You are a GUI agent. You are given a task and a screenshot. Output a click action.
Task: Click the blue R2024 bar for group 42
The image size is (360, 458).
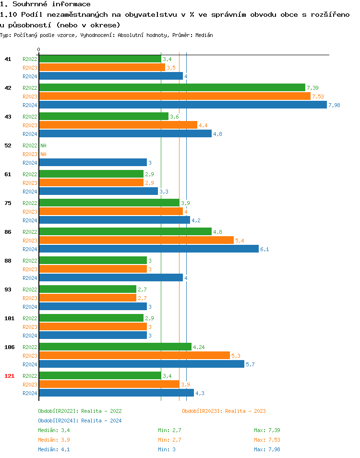pos(182,105)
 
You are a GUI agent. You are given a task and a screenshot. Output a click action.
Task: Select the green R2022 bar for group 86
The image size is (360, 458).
pos(125,232)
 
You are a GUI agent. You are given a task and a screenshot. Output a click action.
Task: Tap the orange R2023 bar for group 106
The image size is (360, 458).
pos(134,356)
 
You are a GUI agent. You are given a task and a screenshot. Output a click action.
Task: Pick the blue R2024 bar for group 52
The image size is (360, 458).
pos(93,163)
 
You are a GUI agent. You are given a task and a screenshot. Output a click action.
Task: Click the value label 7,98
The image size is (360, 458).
pos(334,105)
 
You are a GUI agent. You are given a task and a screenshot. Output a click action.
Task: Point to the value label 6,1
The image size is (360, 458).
pos(264,249)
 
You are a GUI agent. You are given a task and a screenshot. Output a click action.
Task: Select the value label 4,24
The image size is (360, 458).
pos(199,347)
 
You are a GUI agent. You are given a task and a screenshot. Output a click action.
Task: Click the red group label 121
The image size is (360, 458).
pos(9,376)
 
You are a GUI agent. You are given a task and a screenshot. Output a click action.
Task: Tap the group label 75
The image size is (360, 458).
pos(8,203)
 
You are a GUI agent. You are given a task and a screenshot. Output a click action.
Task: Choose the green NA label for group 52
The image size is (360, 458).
pos(43,145)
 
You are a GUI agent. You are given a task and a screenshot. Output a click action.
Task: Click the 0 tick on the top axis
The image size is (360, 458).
pos(39,50)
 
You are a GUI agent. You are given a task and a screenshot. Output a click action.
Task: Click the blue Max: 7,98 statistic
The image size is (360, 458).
pos(267,449)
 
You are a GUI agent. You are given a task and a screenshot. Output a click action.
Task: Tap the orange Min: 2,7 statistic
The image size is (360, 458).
pos(169,440)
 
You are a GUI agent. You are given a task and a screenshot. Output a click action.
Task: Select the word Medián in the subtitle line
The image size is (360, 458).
pos(204,35)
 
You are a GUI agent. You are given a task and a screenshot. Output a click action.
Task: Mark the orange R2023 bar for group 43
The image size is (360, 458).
pos(118,125)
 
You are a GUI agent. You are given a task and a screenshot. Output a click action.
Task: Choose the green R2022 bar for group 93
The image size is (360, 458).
pos(87,289)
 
